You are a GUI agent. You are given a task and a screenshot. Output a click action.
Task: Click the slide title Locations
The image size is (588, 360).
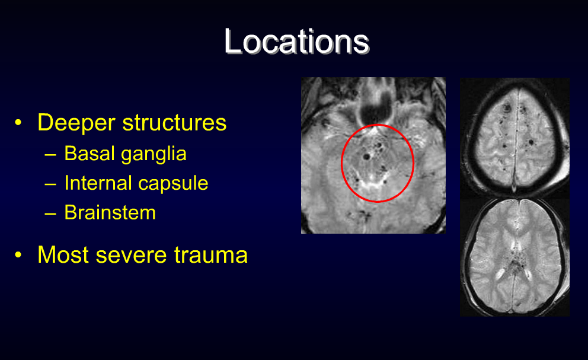point(296,42)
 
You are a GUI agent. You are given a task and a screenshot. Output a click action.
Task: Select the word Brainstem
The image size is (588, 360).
point(110,213)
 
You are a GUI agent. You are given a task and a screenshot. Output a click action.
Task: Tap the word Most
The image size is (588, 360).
point(62,254)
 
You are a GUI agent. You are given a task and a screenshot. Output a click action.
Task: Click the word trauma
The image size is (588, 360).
point(211,255)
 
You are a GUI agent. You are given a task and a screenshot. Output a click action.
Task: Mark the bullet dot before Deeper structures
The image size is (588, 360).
point(19,123)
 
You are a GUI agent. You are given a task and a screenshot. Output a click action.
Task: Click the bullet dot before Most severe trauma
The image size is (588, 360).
point(19,255)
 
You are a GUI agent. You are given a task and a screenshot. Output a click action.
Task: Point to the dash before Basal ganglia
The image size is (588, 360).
point(51,154)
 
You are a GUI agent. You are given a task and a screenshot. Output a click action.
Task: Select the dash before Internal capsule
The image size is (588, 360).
point(51,184)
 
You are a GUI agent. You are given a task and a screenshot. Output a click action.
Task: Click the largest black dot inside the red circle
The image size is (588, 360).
point(367,156)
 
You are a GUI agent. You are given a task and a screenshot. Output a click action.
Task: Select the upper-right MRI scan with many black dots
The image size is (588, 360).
point(514,138)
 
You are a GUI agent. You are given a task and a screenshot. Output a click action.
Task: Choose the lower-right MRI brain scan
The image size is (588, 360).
point(514,256)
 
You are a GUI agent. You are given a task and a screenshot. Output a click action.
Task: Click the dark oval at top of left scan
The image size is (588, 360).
point(373,110)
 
